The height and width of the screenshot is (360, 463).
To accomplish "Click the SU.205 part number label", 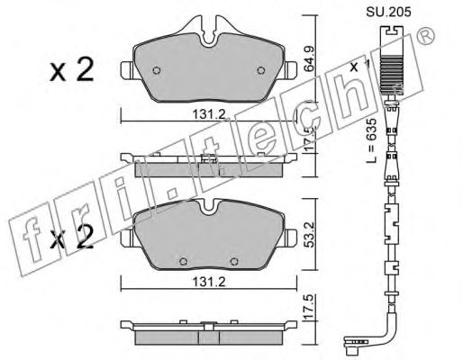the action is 388,13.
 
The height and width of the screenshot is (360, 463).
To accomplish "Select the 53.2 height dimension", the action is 309,234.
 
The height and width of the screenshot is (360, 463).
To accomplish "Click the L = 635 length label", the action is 371,140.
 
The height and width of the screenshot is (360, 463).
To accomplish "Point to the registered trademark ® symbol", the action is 426,35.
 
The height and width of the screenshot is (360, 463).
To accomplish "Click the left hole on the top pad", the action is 157,70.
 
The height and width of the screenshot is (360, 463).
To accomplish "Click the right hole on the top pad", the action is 261,70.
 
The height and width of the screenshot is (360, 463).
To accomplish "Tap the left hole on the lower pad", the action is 183,262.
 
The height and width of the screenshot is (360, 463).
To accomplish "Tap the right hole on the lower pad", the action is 234,262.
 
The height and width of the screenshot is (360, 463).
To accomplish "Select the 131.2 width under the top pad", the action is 209,114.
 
